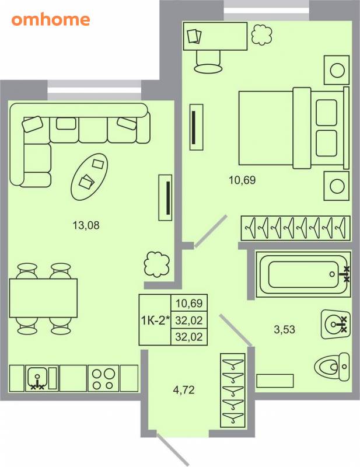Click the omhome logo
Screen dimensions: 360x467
(51, 20)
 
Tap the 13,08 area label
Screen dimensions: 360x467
(86, 225)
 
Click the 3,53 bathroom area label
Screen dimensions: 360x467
(284, 329)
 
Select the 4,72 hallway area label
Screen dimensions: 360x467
(184, 389)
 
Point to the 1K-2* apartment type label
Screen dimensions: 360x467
(155, 320)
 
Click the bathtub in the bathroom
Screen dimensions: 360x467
(303, 274)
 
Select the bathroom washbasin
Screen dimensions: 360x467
(335, 324)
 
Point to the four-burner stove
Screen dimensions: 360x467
(103, 378)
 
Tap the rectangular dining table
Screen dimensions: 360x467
(44, 298)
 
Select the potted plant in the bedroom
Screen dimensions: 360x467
(262, 35)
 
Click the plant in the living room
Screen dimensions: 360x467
(157, 264)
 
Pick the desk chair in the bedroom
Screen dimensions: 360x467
(208, 62)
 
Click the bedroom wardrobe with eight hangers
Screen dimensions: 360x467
(295, 228)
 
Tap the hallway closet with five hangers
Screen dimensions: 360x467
(233, 391)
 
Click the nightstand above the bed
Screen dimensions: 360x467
(337, 70)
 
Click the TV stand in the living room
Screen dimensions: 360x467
(165, 197)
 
